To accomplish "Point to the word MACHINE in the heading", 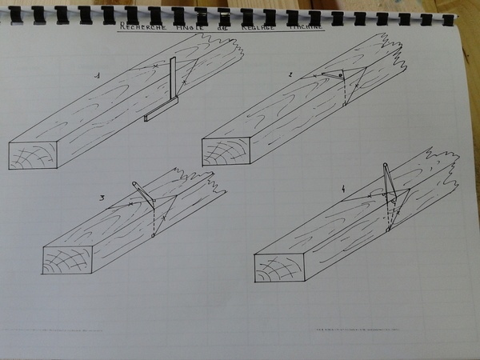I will tap(305, 27).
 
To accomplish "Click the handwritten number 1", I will tap(98, 76).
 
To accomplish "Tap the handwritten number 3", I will tap(102, 197).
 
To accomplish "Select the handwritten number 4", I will tap(343, 190).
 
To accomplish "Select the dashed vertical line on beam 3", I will tap(152, 220).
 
